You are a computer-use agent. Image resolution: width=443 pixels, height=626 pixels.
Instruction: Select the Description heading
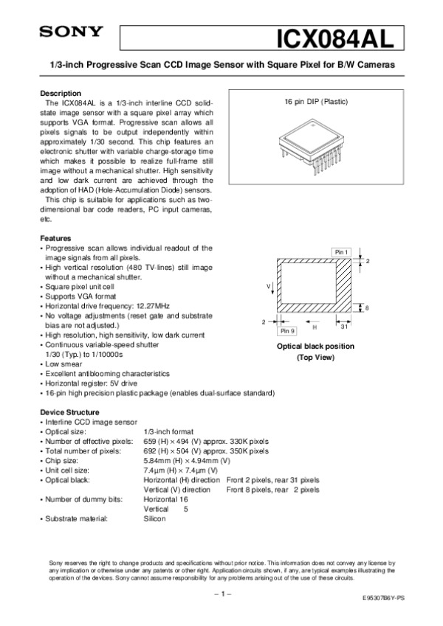pos(61,94)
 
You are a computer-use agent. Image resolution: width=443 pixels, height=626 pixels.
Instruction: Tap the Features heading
pos(55,239)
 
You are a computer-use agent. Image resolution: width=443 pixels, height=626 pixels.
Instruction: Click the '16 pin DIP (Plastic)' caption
pos(316,101)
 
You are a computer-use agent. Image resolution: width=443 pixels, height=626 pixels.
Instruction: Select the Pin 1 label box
pos(340,252)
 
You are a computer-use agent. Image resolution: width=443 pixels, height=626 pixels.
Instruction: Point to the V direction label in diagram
pos(268,285)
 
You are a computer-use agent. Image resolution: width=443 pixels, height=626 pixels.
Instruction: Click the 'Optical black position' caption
pos(315,347)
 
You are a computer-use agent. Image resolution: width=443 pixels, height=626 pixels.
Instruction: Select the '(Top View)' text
pos(315,357)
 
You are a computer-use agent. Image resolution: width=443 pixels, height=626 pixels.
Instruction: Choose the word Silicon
pos(154,518)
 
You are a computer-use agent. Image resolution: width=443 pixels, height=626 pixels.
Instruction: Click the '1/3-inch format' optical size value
pos(168,431)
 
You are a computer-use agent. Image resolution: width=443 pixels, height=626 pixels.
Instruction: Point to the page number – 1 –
pos(222,593)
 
